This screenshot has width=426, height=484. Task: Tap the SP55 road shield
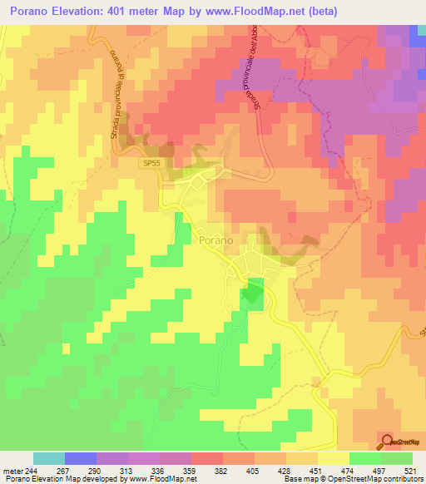tap(150, 165)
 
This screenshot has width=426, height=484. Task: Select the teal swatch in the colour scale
tap(49, 458)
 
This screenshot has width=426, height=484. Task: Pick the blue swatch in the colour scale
tap(81, 458)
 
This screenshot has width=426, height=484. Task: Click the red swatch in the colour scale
tap(207, 458)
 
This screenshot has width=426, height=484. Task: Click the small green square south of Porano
tap(252, 294)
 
